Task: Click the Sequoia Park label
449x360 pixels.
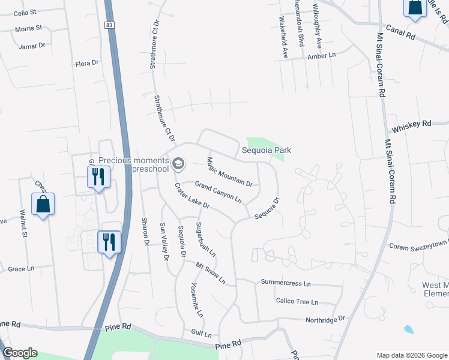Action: pyautogui.click(x=267, y=150)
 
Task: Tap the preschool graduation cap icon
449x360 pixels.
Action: pyautogui.click(x=178, y=163)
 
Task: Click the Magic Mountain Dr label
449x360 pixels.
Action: pyautogui.click(x=229, y=171)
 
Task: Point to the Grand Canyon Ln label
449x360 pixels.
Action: pyautogui.click(x=218, y=191)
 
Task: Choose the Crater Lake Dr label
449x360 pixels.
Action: pyautogui.click(x=191, y=196)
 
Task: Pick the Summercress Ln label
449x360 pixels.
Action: pyautogui.click(x=286, y=283)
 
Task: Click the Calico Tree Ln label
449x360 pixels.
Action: pyautogui.click(x=297, y=302)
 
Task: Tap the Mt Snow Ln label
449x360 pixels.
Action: pyautogui.click(x=210, y=272)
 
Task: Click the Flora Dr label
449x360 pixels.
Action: pyautogui.click(x=86, y=63)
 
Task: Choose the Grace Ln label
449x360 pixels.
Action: pyautogui.click(x=21, y=269)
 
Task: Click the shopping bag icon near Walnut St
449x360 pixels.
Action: pyautogui.click(x=43, y=204)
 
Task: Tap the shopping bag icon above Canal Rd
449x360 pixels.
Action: pyautogui.click(x=415, y=7)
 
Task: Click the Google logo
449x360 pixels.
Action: pyautogui.click(x=19, y=353)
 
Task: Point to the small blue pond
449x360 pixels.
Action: pyautogui.click(x=409, y=329)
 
